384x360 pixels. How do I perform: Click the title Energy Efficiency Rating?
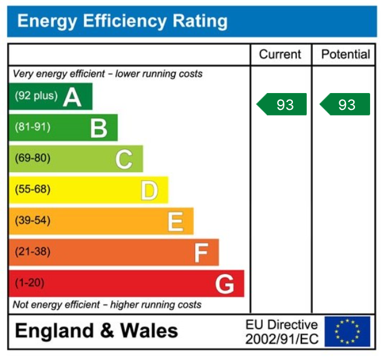coord(123,22)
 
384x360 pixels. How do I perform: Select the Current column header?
coord(280,54)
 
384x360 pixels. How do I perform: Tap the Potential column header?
coord(345,54)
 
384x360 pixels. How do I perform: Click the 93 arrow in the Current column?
coord(283,104)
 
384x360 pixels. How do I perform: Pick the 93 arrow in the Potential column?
coord(345,104)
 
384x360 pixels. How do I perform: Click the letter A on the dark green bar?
coord(72,97)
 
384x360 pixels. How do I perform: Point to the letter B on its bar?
coord(98,128)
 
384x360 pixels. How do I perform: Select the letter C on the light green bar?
coord(124,159)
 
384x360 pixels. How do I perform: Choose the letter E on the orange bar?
coord(175,222)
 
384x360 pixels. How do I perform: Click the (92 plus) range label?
coord(36,96)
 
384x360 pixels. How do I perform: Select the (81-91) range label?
coord(33,127)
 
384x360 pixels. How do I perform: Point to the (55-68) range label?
coord(33,190)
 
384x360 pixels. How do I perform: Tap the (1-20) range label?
coord(30,283)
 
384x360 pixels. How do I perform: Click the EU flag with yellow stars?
coord(347,332)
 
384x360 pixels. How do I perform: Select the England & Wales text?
coord(97,331)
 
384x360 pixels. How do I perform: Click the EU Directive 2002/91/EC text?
coord(281,332)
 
